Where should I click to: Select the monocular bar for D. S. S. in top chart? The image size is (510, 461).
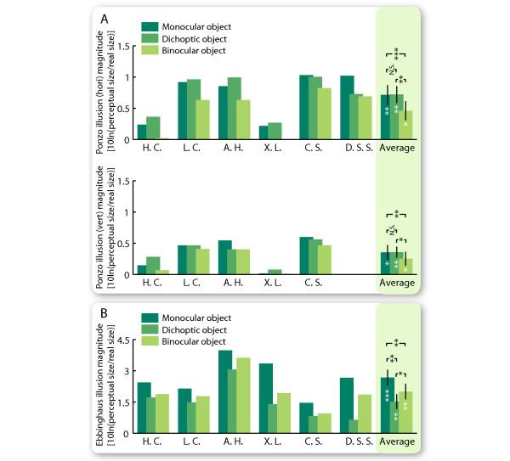[347, 108]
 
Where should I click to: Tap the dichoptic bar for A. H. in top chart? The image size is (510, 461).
[235, 109]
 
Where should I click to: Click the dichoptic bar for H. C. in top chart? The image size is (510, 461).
[153, 128]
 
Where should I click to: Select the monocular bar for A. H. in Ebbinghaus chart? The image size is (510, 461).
[224, 391]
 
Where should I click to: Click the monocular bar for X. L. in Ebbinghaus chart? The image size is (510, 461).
[265, 398]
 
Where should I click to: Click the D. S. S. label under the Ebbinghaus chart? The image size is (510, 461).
[356, 441]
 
